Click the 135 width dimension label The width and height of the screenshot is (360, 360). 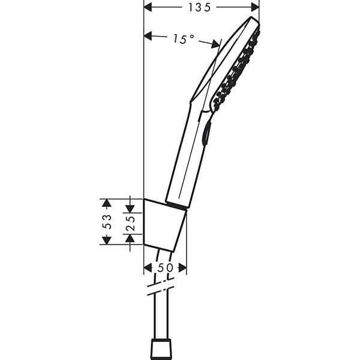(202, 7)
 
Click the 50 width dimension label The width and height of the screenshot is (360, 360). (165, 268)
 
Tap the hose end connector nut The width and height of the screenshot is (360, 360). (160, 348)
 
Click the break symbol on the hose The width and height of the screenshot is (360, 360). (160, 291)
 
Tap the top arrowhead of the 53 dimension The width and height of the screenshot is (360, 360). (106, 203)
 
